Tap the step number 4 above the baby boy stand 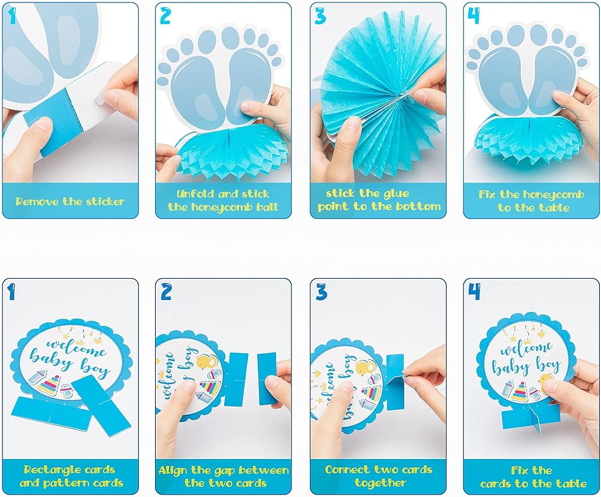[474, 293]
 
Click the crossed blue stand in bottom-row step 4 [529, 421]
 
